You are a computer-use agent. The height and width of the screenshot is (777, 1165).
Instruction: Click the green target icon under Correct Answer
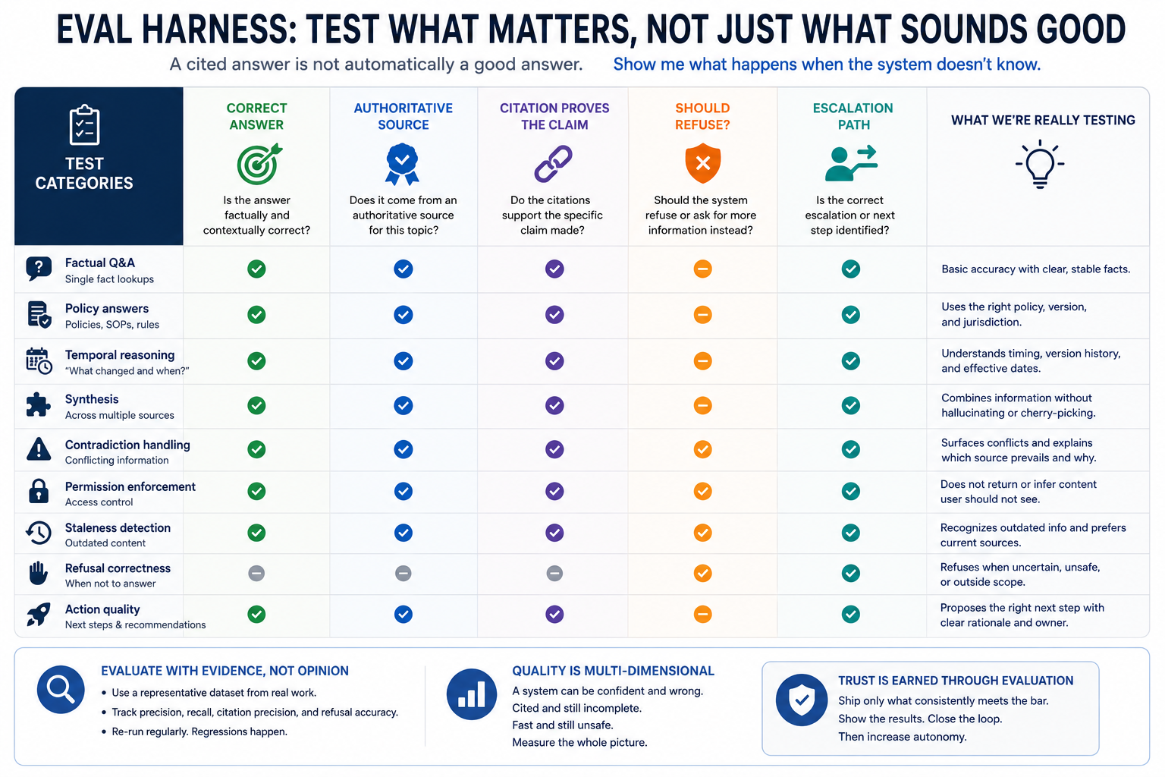click(x=259, y=164)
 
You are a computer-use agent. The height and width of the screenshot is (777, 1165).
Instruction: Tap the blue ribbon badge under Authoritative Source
click(x=403, y=164)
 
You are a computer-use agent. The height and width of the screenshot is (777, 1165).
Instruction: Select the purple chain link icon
click(x=554, y=164)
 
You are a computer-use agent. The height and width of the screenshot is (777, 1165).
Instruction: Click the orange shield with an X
click(x=702, y=163)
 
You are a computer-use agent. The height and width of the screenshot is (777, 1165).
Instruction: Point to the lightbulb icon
click(x=1040, y=164)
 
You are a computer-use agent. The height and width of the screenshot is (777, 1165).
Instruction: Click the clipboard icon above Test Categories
click(x=84, y=125)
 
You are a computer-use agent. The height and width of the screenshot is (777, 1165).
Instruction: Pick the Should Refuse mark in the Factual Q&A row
click(x=702, y=269)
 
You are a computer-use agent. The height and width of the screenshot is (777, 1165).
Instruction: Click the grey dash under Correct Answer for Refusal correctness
click(x=256, y=574)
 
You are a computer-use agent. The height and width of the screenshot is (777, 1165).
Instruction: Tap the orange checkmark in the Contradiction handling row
click(x=702, y=449)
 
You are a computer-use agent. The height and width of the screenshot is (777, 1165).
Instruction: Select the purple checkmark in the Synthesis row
click(x=554, y=405)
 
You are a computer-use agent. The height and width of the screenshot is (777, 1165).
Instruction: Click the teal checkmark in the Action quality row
click(x=851, y=614)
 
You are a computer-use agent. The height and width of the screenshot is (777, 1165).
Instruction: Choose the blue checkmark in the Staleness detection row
click(x=403, y=533)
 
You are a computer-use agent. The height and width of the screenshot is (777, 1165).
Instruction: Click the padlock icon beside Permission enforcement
click(x=39, y=491)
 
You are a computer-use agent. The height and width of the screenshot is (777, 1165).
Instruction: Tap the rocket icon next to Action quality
click(x=39, y=615)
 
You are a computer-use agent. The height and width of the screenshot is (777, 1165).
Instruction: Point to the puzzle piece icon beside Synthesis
click(x=39, y=405)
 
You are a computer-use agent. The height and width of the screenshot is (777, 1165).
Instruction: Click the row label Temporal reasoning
click(x=120, y=355)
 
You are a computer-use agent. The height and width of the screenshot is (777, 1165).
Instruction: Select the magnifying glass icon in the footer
click(x=61, y=690)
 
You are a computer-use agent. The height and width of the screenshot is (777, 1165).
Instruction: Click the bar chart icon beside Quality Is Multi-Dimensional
click(x=471, y=694)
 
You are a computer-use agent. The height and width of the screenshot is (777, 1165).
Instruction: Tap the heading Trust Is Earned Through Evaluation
click(x=956, y=681)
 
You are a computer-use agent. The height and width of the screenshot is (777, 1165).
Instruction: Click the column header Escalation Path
click(x=853, y=117)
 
